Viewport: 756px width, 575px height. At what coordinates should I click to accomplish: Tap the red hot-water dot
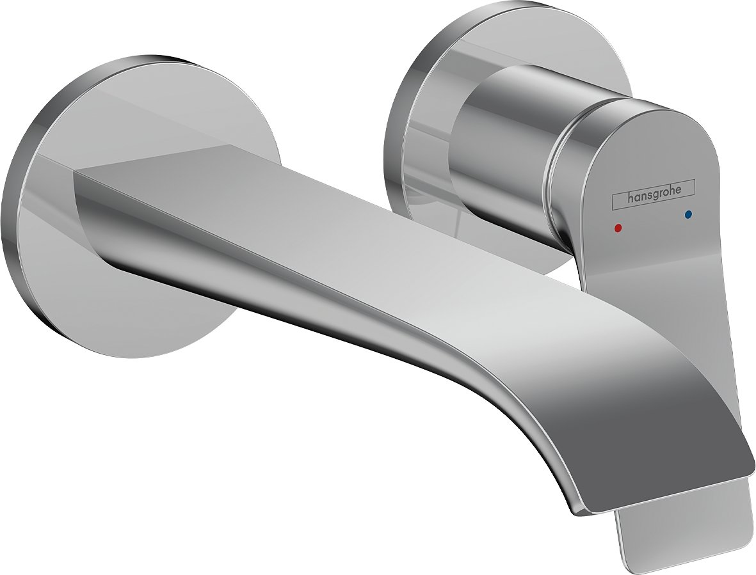[x=617, y=227]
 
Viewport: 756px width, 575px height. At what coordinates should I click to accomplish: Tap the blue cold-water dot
[x=688, y=215]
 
